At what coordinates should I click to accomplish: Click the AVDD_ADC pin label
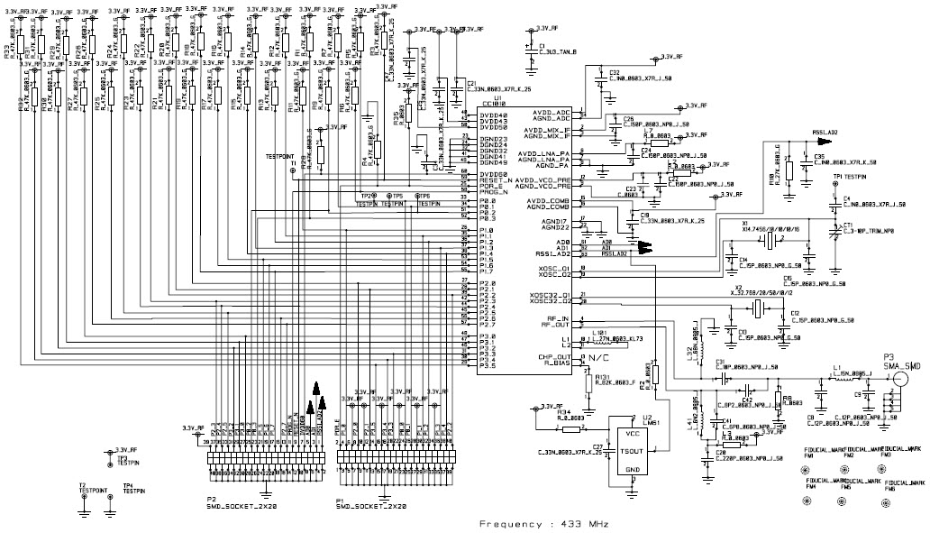pos(552,112)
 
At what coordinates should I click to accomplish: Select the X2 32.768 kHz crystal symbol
pos(759,310)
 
